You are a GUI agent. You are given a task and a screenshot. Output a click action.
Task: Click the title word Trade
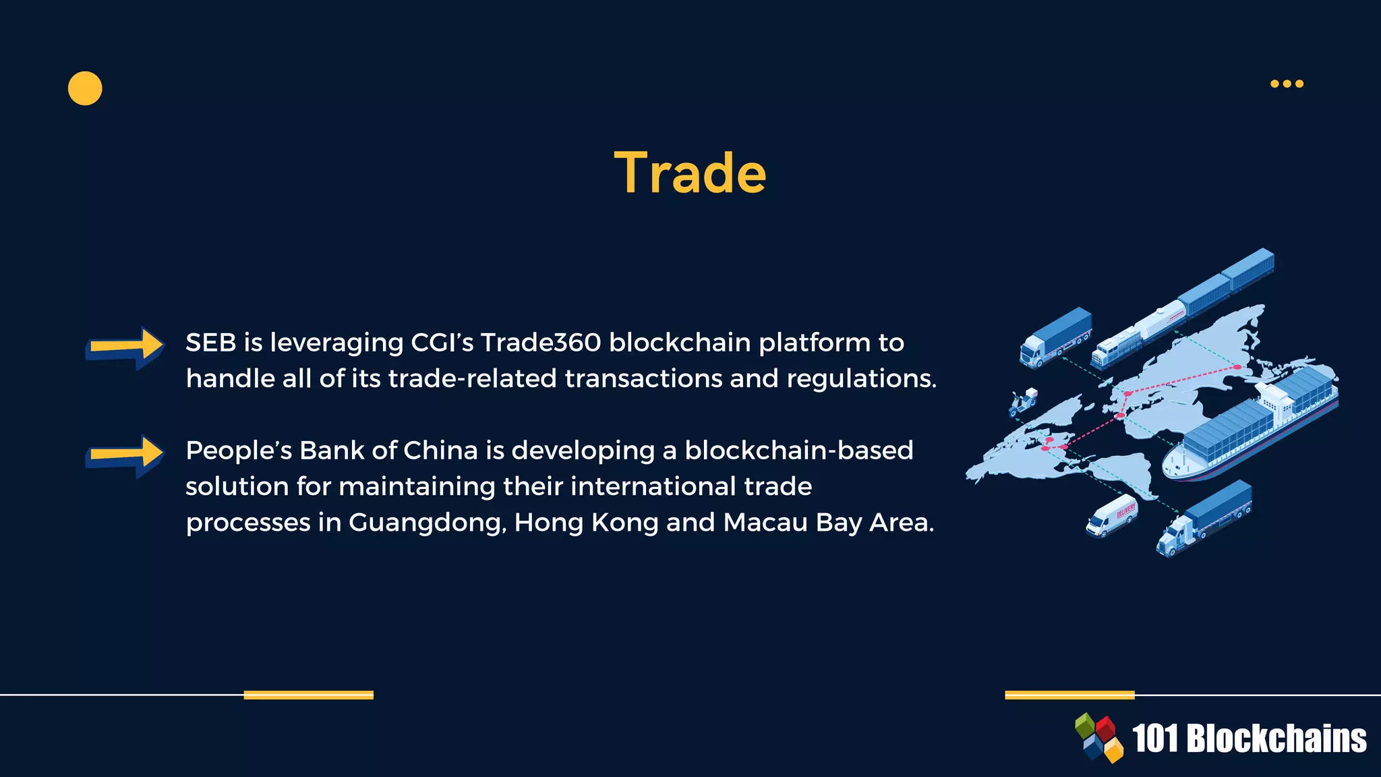click(x=690, y=173)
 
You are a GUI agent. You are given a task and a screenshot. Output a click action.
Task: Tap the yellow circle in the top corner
click(x=85, y=88)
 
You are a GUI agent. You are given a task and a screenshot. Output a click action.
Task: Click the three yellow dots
click(x=1287, y=84)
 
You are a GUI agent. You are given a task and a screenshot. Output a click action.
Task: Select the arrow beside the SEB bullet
click(x=125, y=347)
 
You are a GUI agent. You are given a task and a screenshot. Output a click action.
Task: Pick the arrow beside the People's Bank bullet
click(x=125, y=455)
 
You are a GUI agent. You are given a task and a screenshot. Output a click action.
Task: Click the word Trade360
click(x=540, y=343)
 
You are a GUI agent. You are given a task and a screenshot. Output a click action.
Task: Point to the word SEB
click(x=210, y=343)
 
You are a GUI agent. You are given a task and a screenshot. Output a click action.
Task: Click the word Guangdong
click(x=427, y=523)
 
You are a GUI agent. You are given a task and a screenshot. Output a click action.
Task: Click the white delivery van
click(x=1111, y=516)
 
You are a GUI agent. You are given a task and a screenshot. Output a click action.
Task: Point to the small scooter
click(x=1023, y=403)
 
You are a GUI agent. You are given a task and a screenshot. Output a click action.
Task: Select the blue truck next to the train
click(x=1055, y=337)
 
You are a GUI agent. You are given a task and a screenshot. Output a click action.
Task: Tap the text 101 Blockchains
click(x=1249, y=739)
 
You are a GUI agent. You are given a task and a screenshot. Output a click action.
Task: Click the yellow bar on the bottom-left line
click(x=308, y=695)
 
